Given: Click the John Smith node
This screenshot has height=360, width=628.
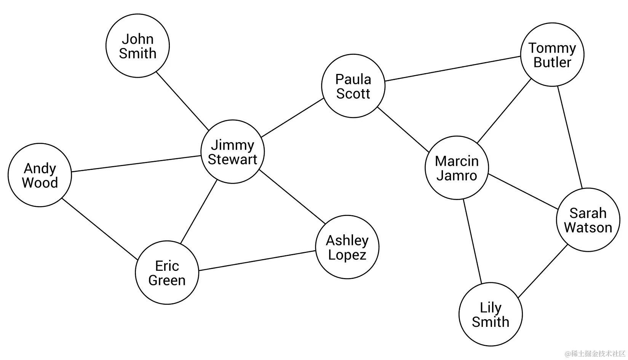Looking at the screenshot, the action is pos(137,46).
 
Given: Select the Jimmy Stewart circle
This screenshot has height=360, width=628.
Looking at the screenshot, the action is pos(233,152).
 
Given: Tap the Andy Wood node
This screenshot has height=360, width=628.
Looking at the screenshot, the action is pos(40,175).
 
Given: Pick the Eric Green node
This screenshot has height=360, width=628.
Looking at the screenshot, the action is pos(167,272).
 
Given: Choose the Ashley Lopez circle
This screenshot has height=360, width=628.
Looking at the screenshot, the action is pos(347,247).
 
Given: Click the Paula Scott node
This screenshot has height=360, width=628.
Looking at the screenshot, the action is pos(353,86).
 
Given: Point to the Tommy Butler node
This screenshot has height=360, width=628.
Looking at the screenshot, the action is pos(552,54).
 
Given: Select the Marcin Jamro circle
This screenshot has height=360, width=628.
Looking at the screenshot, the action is pos(457,168).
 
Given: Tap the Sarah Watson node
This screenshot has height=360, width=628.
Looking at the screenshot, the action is pos(588,220).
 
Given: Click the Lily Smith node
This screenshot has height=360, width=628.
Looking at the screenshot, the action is pos(491,314).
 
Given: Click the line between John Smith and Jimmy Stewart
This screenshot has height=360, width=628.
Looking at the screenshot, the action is pos(183,101).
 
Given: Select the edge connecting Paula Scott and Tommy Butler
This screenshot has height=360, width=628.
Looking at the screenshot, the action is pos(452,69).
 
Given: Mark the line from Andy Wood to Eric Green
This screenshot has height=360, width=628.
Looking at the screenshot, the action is pos(100,229).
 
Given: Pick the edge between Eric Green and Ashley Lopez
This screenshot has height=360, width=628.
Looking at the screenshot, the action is pos(257,261).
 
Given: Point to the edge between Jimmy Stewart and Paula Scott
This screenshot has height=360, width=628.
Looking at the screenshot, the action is pos(292,118).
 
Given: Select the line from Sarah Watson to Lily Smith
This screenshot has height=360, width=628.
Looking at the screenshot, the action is pos(543,271).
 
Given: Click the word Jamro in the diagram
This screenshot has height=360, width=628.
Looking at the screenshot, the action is pos(457,176).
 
